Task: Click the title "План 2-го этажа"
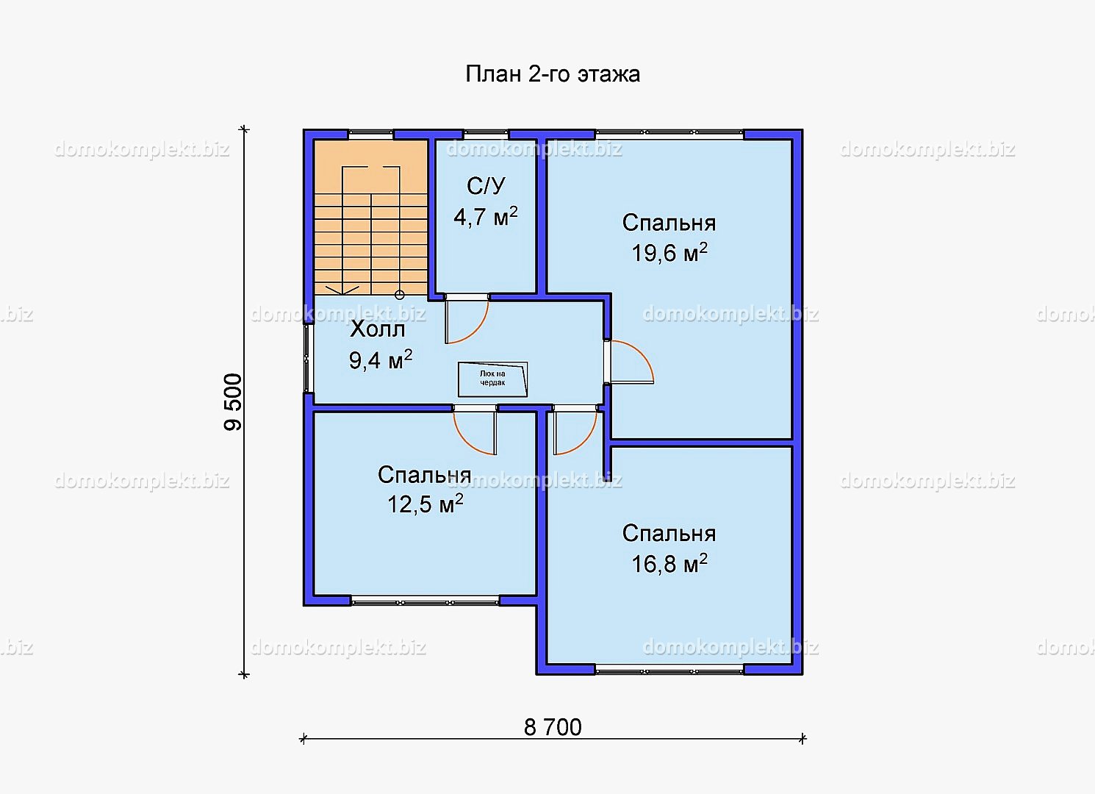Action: click(x=553, y=75)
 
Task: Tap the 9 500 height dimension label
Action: click(x=233, y=402)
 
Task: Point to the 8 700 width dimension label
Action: click(x=553, y=728)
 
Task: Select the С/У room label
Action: click(x=486, y=186)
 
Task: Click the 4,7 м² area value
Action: click(x=486, y=216)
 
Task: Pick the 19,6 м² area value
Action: click(x=669, y=252)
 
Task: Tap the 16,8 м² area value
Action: click(x=669, y=563)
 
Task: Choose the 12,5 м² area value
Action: click(x=426, y=504)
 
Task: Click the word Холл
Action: click(x=378, y=329)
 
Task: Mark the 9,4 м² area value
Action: click(x=381, y=360)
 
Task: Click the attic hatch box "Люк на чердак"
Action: click(x=492, y=379)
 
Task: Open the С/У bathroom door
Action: click(x=467, y=319)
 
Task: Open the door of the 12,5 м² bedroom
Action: click(x=475, y=429)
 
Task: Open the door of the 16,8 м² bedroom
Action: click(x=575, y=429)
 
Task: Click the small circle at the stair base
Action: click(x=399, y=295)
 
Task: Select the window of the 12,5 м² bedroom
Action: click(x=425, y=601)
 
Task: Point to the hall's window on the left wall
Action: click(x=307, y=359)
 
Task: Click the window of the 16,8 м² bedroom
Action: click(x=669, y=670)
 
